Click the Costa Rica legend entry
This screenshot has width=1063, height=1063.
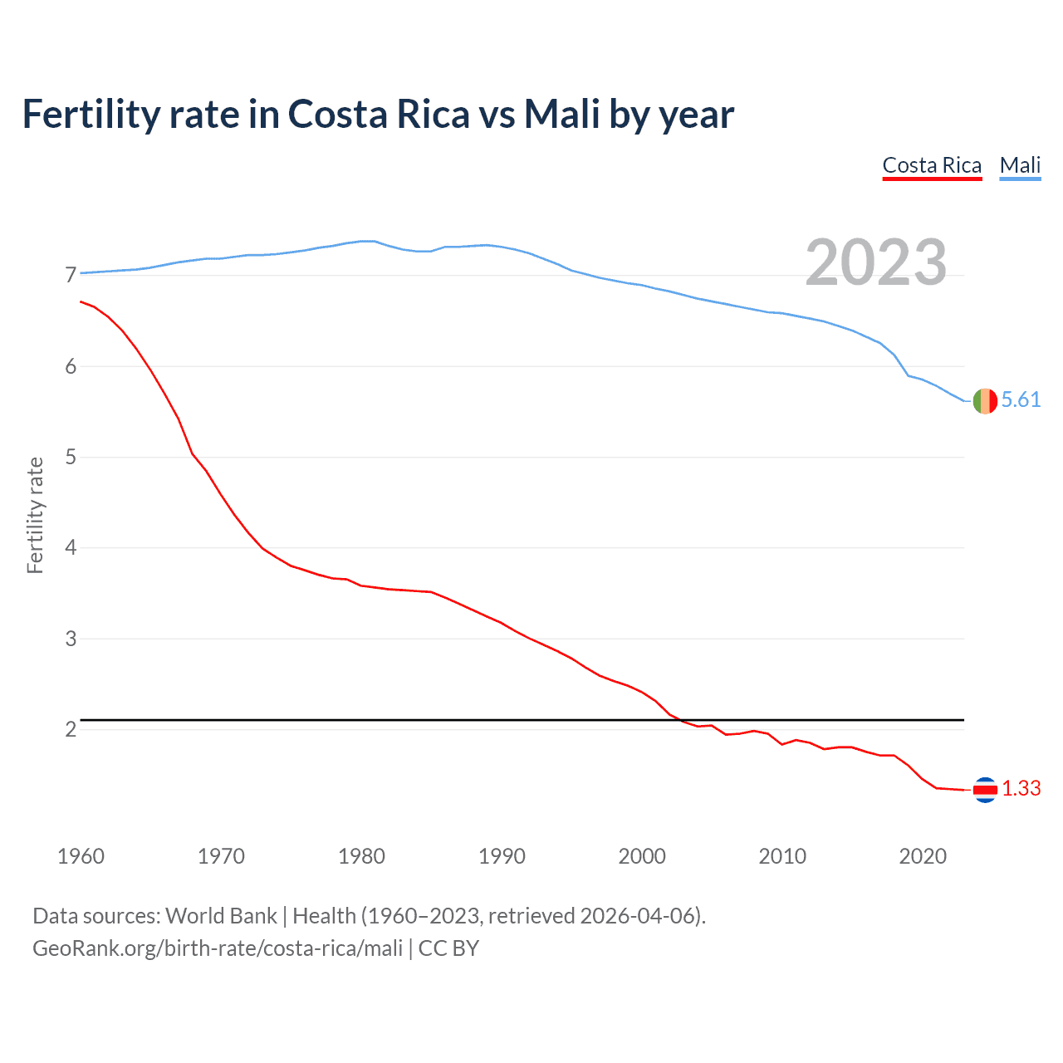tap(932, 165)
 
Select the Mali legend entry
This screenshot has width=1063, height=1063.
tap(1020, 165)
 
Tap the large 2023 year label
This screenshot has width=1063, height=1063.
tap(876, 262)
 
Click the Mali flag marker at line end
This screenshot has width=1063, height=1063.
tap(985, 400)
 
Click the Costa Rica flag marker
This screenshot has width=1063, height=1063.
tap(985, 790)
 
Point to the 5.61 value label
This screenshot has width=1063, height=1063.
tap(1021, 400)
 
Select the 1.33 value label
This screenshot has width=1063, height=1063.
tap(1021, 789)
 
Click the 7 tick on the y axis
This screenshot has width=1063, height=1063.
tap(71, 275)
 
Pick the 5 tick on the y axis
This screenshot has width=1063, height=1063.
tap(71, 457)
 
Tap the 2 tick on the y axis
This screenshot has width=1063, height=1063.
tap(71, 730)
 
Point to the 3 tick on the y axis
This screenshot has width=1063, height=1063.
tap(71, 639)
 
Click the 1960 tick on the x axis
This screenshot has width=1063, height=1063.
tap(81, 856)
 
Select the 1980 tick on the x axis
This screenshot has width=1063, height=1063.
tap(361, 856)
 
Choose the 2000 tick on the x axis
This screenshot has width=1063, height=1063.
tap(642, 856)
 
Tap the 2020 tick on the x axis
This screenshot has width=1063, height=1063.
tap(923, 856)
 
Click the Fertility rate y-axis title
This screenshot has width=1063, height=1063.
tap(35, 515)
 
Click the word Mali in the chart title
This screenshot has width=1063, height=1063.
tap(561, 115)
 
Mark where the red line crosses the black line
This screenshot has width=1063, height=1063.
tap(680, 719)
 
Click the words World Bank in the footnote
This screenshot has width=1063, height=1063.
tap(221, 916)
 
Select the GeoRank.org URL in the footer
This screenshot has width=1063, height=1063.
tap(218, 948)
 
